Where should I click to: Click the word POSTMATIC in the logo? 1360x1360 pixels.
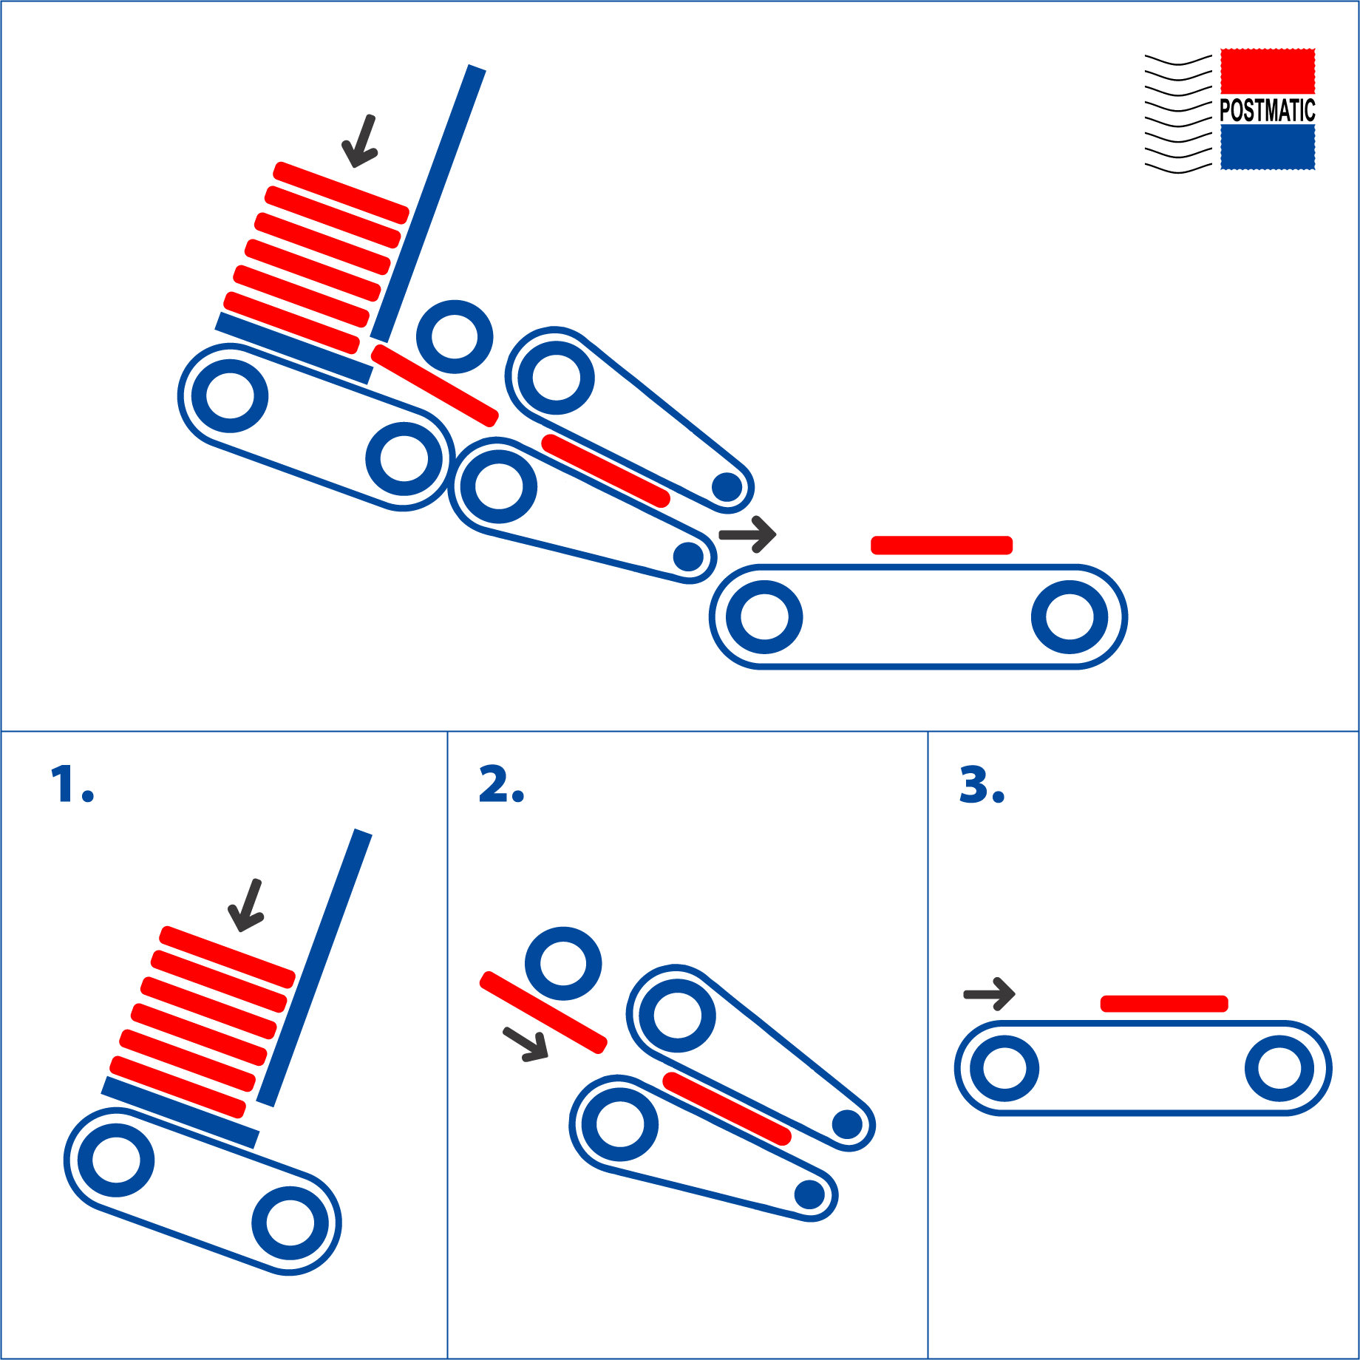coord(1267,110)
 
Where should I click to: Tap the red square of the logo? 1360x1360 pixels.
coord(1268,72)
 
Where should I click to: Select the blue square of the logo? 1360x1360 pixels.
coord(1268,147)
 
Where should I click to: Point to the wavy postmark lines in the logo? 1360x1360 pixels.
coord(1178,114)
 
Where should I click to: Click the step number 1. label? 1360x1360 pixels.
coord(72,784)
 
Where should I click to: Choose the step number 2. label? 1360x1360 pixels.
coord(501,784)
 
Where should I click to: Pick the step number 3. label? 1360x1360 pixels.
coord(982,784)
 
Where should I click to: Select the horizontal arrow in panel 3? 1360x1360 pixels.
coord(990,994)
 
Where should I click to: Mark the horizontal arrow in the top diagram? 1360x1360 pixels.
coord(747,534)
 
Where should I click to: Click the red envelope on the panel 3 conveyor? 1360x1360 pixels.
coord(1164,1004)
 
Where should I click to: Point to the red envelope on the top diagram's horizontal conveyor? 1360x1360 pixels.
coord(942,545)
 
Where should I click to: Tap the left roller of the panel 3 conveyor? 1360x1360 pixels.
coord(1004,1068)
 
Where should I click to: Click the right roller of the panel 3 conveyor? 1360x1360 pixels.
coord(1279,1068)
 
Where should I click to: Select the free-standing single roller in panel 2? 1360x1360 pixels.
coord(563,964)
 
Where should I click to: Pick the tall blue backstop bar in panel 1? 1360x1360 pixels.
coord(314,968)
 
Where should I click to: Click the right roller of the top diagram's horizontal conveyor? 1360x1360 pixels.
coord(1070,617)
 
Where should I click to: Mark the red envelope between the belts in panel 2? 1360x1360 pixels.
coord(727,1109)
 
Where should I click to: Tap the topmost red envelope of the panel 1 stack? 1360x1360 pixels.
coord(228,957)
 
